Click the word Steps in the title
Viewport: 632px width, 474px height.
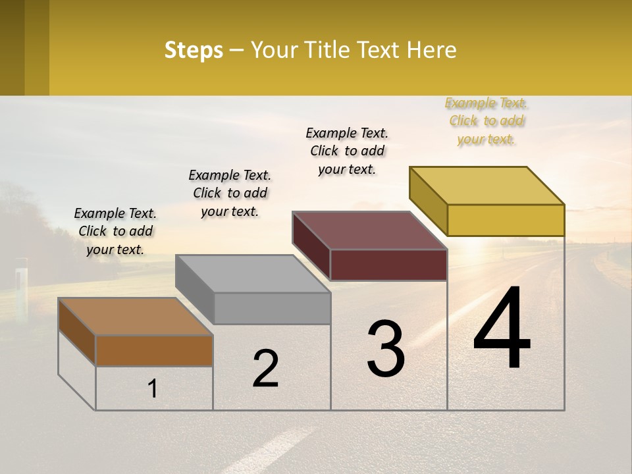pyautogui.click(x=194, y=50)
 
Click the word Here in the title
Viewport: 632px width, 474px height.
pyautogui.click(x=431, y=50)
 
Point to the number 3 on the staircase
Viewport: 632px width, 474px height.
pyautogui.click(x=385, y=349)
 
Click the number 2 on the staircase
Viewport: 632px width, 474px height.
pyautogui.click(x=265, y=369)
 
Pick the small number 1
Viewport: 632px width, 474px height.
pyautogui.click(x=153, y=388)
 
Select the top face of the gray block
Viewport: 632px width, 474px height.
pyautogui.click(x=253, y=274)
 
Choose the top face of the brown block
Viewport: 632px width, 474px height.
pyautogui.click(x=136, y=317)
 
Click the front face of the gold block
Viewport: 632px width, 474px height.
pyautogui.click(x=506, y=220)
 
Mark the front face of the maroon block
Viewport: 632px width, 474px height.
pyautogui.click(x=388, y=265)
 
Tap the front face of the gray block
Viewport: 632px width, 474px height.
pyautogui.click(x=272, y=308)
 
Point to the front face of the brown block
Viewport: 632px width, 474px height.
pyautogui.click(x=154, y=350)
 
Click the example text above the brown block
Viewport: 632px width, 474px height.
pyautogui.click(x=115, y=231)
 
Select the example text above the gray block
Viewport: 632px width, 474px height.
pyautogui.click(x=230, y=193)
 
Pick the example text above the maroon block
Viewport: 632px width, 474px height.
pyautogui.click(x=347, y=151)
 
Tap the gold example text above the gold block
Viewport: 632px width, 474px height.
pyautogui.click(x=486, y=120)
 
